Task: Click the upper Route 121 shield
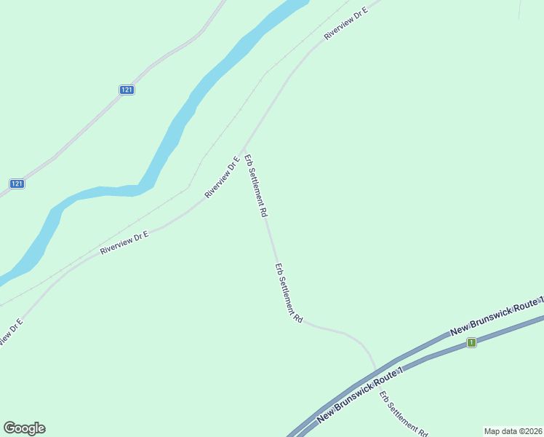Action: (127, 90)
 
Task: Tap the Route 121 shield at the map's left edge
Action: (17, 184)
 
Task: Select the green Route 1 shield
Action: (472, 342)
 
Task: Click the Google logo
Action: (25, 428)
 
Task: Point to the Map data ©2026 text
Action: (513, 431)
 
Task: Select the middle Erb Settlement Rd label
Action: (289, 294)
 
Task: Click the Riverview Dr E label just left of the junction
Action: (223, 178)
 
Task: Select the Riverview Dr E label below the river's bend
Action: (124, 242)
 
